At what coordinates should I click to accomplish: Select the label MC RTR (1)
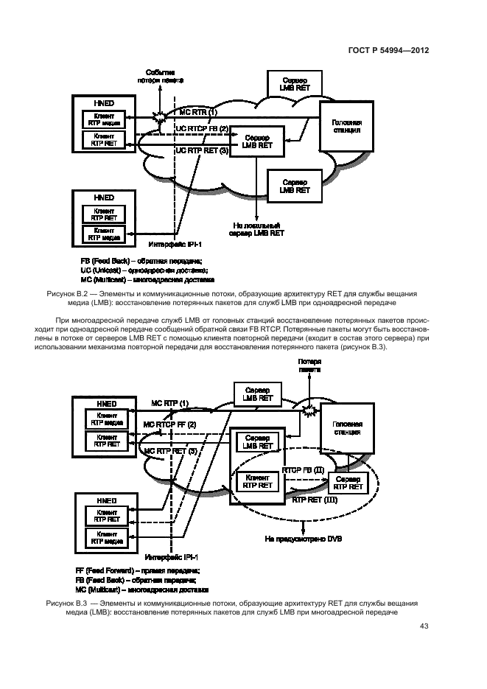click(199, 112)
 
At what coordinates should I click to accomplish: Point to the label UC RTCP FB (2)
click(201, 129)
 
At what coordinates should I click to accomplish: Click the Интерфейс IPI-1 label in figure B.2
click(174, 242)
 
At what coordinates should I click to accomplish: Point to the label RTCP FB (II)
click(304, 469)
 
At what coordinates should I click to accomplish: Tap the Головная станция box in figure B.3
click(346, 429)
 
